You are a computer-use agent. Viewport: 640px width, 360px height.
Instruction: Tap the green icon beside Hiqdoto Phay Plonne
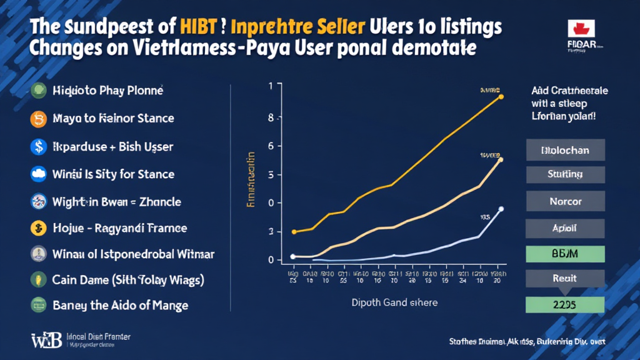pos(38,90)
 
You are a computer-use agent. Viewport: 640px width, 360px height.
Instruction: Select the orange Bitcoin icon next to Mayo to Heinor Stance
pos(38,118)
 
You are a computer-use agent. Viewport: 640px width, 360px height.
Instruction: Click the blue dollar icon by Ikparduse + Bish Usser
pos(38,146)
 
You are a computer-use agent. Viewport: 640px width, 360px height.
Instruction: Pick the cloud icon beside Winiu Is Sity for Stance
pos(38,174)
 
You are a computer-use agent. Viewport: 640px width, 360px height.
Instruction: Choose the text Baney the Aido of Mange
pos(121,305)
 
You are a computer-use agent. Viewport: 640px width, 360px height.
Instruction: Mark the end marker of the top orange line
pos(501,97)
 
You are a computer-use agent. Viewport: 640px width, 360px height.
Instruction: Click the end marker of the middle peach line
pos(501,159)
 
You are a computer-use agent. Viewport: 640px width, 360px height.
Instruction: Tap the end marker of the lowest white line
pos(501,209)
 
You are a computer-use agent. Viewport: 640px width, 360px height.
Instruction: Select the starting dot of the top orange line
pos(294,232)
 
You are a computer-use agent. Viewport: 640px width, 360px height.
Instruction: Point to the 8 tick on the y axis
pos(271,117)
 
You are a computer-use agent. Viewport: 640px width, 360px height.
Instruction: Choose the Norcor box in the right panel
pos(566,201)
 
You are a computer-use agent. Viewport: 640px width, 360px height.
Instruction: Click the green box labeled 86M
pos(566,253)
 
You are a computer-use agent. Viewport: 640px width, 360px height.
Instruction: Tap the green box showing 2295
pos(566,304)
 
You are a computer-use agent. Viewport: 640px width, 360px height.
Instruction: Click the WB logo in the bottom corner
pos(46,341)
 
